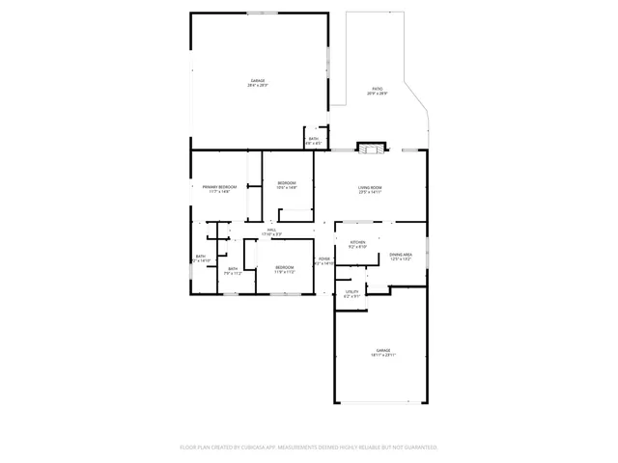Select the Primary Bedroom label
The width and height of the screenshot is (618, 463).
[219, 186]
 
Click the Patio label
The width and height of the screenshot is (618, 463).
[378, 89]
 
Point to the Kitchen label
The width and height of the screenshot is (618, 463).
[357, 241]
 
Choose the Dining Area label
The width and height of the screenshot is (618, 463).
[401, 255]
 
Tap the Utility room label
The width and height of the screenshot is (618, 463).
[351, 290]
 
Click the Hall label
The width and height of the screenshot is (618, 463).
[271, 230]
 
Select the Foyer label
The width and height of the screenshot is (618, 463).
[323, 259]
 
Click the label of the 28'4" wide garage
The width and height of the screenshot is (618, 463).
[258, 80]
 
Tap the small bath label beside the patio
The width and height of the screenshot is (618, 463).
[314, 139]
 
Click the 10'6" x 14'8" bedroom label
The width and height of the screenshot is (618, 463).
[287, 182]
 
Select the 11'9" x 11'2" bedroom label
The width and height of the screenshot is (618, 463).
[284, 267]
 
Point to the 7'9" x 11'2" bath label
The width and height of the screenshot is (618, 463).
[233, 269]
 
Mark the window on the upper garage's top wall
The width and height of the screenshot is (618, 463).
[261, 13]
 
